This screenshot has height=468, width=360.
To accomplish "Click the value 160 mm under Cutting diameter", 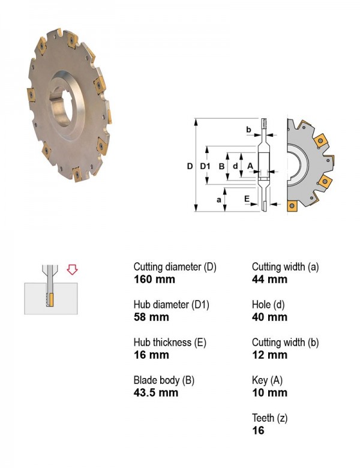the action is click(x=154, y=280).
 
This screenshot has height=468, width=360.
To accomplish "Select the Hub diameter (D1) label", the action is click(x=172, y=304).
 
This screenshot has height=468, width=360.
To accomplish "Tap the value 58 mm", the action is click(x=151, y=317).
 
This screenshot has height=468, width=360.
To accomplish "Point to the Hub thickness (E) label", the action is click(x=170, y=343).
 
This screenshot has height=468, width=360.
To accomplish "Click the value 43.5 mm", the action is click(x=156, y=392).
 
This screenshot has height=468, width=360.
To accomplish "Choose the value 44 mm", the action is click(x=269, y=280).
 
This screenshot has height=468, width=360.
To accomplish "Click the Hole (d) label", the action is click(x=268, y=304).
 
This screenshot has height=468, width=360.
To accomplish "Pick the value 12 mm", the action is click(x=269, y=355).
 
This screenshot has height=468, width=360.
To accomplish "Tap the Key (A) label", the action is click(x=267, y=380).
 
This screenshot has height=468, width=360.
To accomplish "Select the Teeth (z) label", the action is click(x=269, y=418).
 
